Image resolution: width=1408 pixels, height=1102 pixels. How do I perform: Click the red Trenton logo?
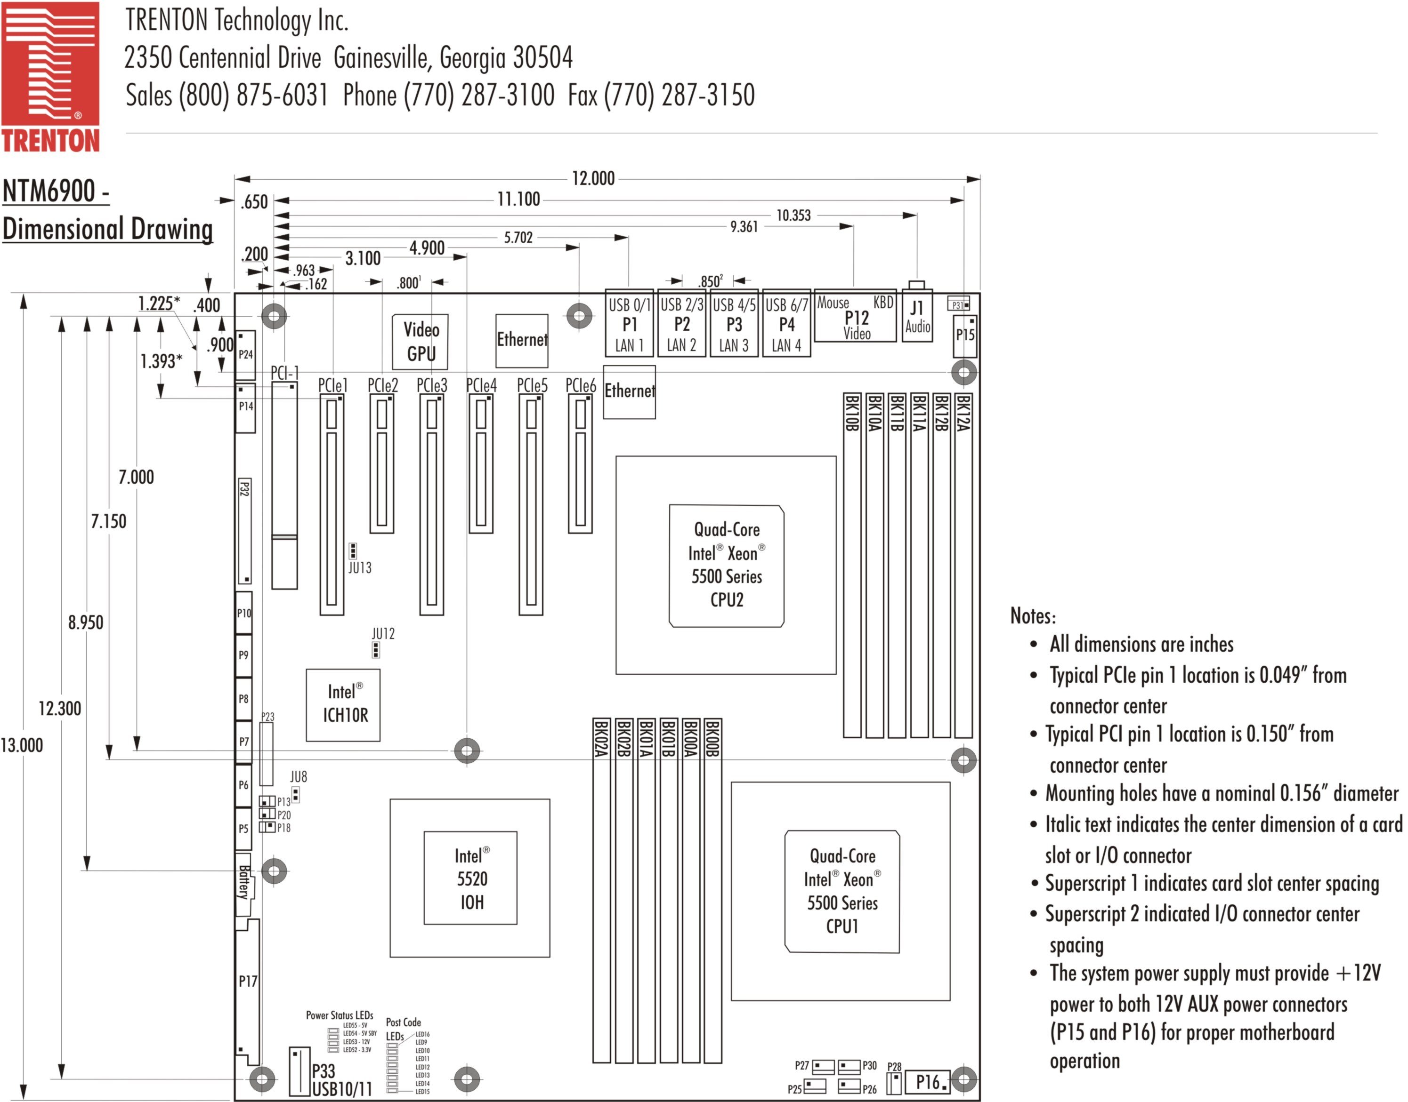point(50,76)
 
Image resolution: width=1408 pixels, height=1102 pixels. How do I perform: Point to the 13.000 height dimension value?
point(22,745)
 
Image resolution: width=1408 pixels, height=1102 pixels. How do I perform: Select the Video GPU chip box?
point(420,341)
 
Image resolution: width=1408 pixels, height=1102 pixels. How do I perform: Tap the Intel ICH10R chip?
point(343,704)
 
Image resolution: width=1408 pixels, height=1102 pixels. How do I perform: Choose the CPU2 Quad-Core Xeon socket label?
point(726,565)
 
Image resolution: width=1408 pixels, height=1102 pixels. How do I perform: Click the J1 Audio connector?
point(917,316)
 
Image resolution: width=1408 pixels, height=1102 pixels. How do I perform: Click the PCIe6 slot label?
point(580,385)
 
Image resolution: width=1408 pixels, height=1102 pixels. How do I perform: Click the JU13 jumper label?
point(360,568)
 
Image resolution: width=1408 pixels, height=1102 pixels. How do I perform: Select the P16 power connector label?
point(928,1081)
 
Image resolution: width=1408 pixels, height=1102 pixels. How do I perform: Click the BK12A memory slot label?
point(963,413)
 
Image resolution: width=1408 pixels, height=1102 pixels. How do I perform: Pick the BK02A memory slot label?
point(600,738)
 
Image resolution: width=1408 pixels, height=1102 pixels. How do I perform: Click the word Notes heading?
point(1033,615)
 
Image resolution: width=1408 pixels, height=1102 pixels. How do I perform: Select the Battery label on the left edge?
point(244,882)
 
